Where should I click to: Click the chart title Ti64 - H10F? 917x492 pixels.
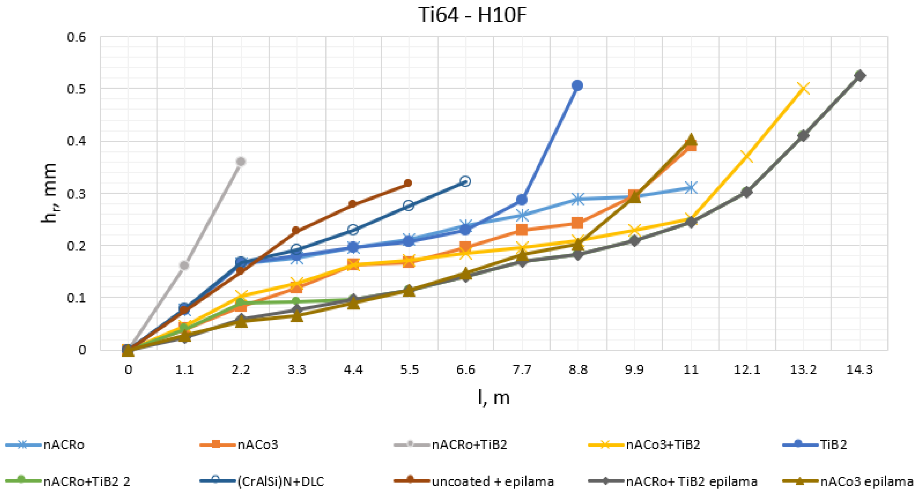472,15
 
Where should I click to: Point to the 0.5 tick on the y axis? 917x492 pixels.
76,89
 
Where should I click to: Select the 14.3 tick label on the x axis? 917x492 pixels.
859,370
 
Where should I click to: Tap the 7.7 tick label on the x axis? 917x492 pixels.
522,370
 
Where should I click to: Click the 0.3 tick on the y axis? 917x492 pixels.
76,194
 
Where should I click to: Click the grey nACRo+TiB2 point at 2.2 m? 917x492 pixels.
241,162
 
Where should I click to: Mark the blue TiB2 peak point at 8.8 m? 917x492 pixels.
577,85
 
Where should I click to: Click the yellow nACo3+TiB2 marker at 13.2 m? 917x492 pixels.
803,88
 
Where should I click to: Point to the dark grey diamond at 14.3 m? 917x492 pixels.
860,76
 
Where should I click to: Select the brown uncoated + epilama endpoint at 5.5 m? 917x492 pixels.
408,183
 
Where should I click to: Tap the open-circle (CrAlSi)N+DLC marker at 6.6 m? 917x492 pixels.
465,181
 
